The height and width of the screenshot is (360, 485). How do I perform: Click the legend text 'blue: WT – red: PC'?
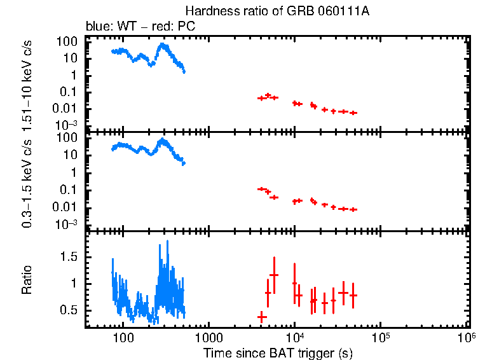tap(140, 27)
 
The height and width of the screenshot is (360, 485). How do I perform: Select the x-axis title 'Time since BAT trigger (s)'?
tap(277, 352)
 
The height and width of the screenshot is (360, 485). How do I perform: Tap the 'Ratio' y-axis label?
tap(27, 280)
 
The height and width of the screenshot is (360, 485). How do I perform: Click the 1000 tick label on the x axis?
tap(208, 337)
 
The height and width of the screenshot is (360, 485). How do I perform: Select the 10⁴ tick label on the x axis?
tap(294, 336)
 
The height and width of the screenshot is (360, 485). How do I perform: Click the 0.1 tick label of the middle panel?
tap(72, 190)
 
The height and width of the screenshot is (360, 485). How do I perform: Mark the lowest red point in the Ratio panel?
tap(261, 316)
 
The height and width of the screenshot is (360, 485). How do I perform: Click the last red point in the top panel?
tap(353, 113)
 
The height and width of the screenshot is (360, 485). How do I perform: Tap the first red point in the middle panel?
tap(261, 188)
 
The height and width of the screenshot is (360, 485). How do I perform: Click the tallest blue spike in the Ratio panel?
tap(168, 241)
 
